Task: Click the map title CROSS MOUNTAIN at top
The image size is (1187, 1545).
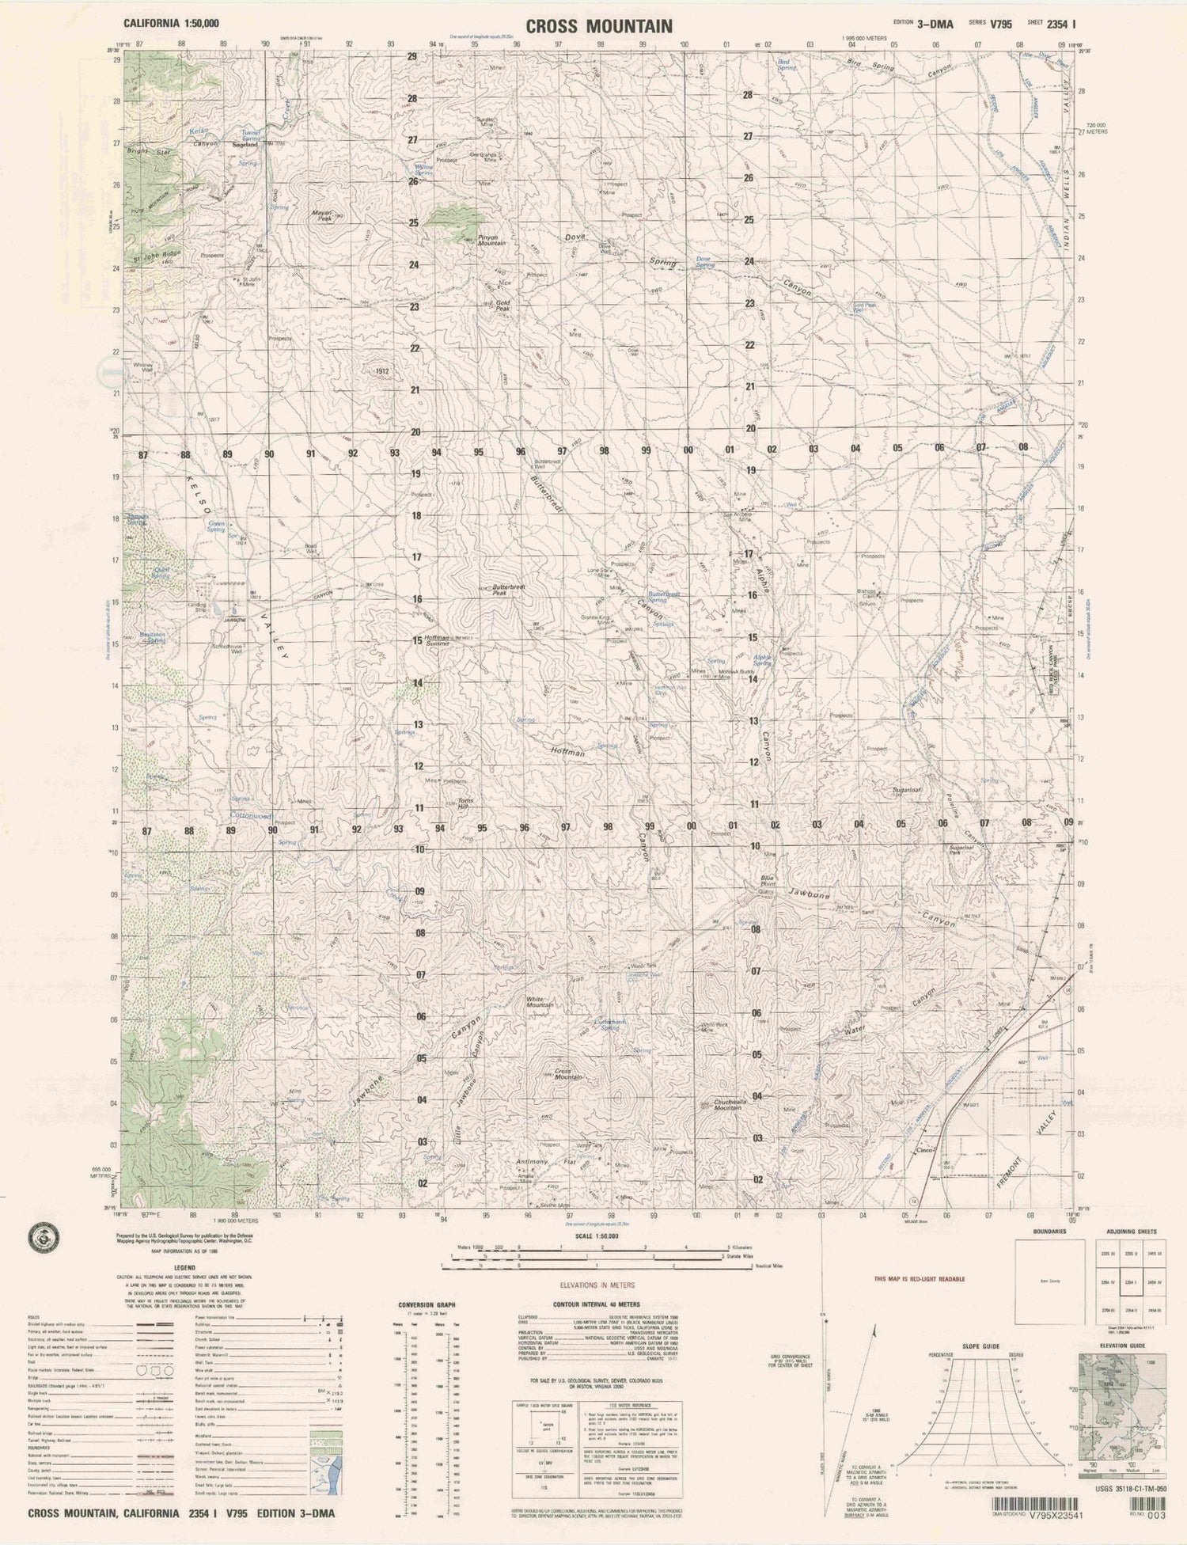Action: [x=599, y=26]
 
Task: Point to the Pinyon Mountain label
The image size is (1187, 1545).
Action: [x=491, y=241]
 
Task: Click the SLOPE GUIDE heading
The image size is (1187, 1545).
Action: [x=980, y=1346]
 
